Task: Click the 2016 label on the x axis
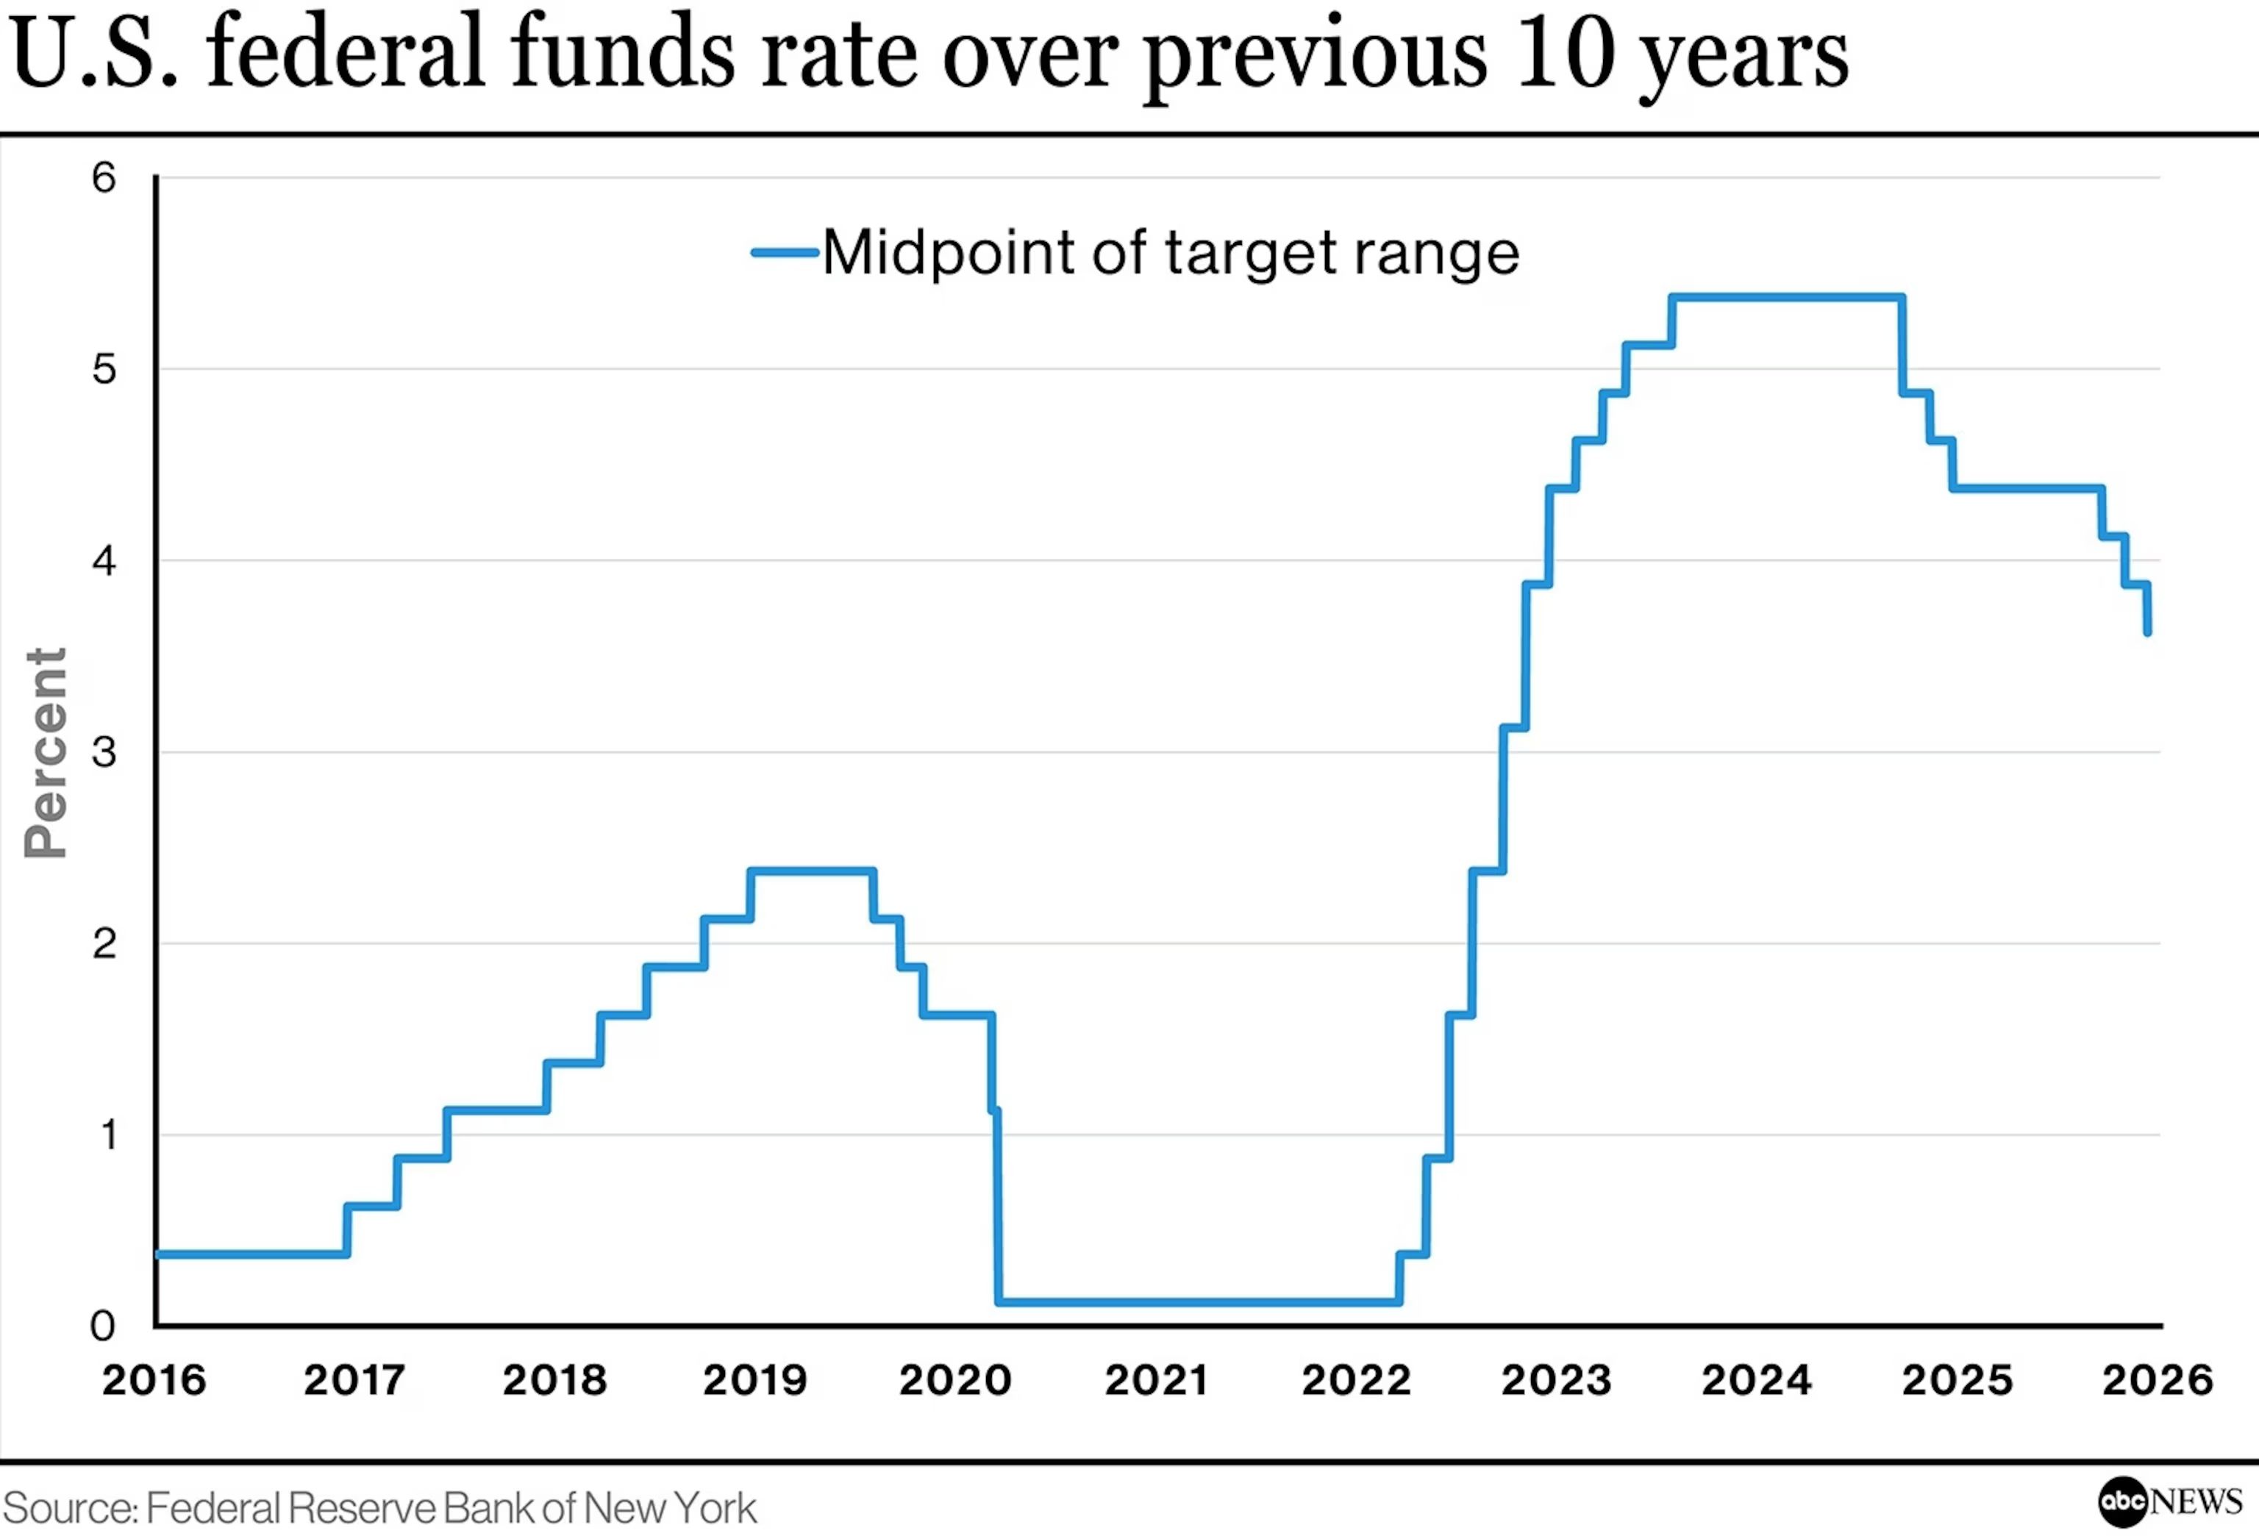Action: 154,1380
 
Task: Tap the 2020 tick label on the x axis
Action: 954,1380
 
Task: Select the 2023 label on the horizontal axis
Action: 1555,1380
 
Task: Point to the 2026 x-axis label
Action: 2157,1380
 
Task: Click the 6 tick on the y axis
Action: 104,178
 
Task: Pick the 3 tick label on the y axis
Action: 104,751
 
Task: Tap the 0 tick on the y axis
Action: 103,1326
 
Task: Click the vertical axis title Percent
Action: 46,754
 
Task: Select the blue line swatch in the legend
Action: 785,253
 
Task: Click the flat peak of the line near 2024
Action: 1787,296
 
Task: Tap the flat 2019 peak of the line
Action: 812,870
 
